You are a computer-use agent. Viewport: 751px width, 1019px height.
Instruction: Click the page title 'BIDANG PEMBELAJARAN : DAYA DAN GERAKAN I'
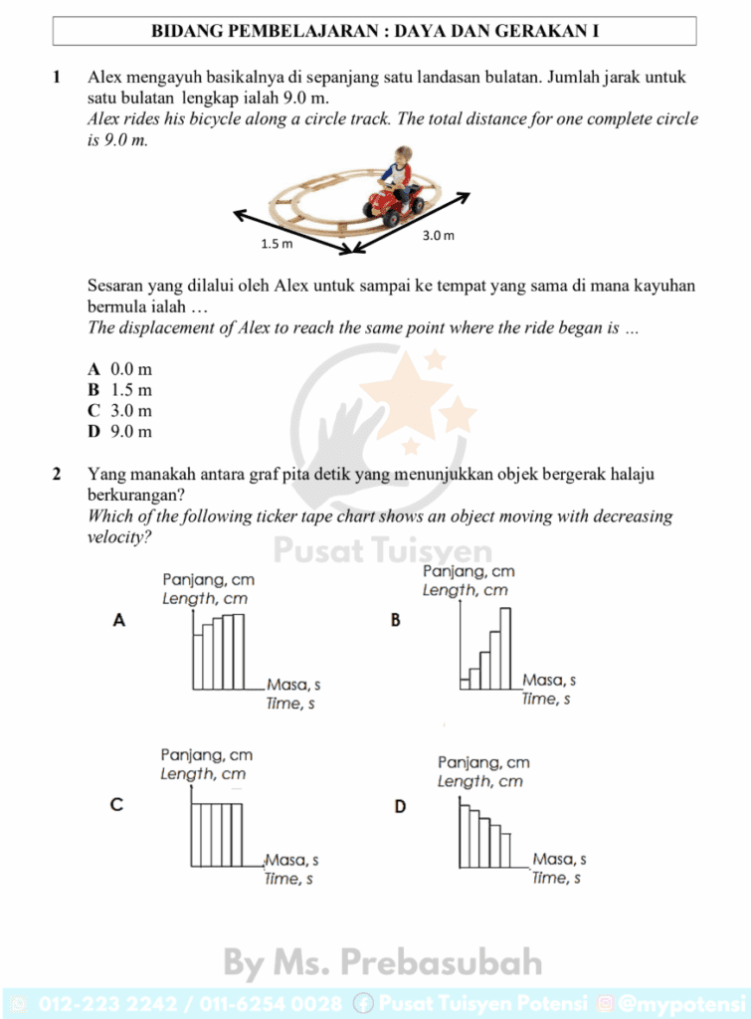[x=375, y=31]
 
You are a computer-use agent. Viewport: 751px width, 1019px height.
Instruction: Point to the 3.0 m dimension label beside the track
[x=438, y=236]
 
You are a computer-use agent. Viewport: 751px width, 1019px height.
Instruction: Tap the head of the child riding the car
[x=402, y=155]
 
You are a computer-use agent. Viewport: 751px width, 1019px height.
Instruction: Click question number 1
[x=58, y=77]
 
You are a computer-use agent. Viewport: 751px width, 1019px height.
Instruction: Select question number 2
[x=58, y=474]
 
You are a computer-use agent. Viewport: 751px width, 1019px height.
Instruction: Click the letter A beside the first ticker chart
[x=119, y=620]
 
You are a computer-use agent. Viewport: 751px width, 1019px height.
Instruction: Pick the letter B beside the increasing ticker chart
[x=396, y=620]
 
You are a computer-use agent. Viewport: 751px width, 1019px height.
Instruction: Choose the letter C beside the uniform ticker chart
[x=116, y=805]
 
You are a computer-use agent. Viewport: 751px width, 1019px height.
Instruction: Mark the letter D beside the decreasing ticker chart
[x=400, y=806]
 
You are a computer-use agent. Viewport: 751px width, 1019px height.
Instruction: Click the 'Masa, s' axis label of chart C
[x=291, y=860]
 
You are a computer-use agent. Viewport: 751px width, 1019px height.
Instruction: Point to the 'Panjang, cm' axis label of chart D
[x=483, y=762]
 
